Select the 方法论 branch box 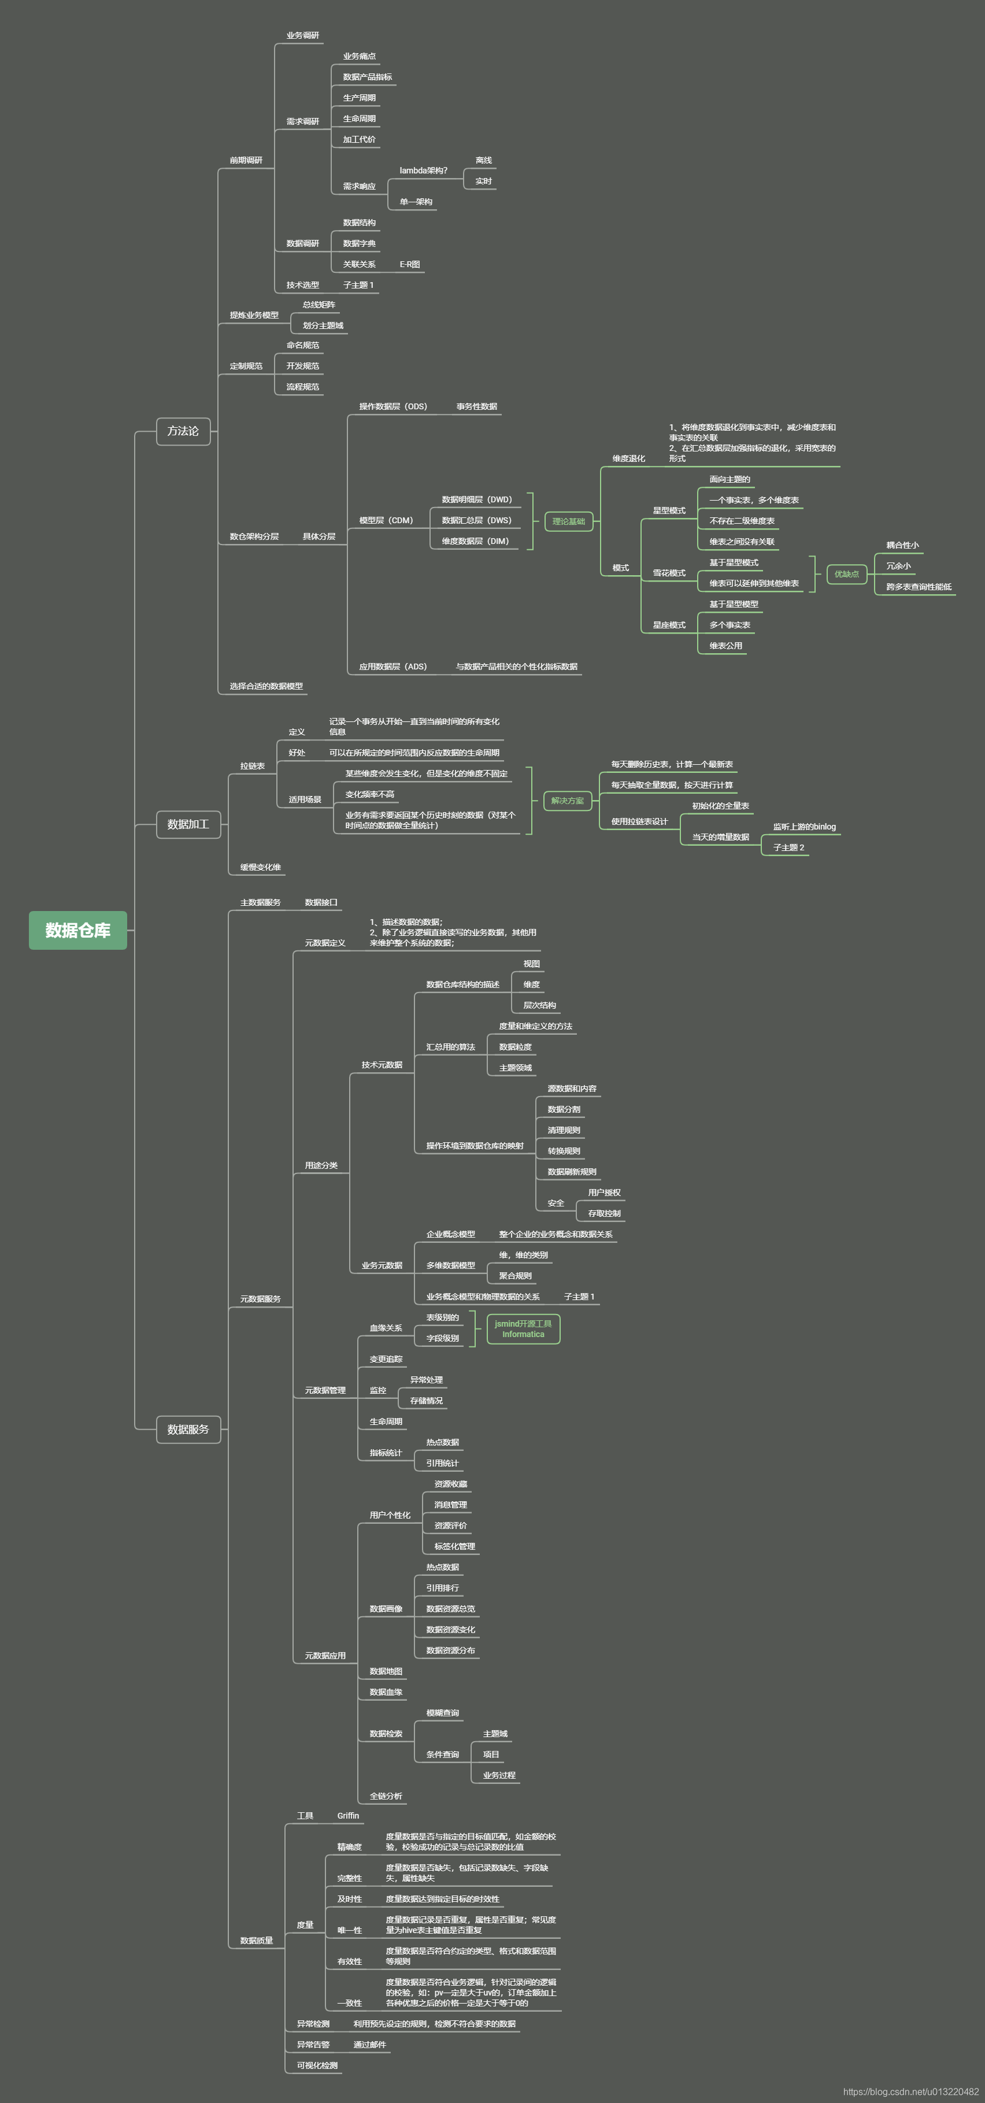(183, 431)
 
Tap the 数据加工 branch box (188, 824)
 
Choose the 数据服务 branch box (188, 1430)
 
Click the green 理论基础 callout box (568, 521)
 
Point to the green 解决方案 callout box (567, 801)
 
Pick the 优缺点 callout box (846, 574)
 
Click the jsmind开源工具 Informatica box (523, 1329)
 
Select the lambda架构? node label (423, 171)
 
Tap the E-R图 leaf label (410, 265)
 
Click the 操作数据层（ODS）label (392, 406)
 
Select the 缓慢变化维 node (260, 867)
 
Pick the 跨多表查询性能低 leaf (918, 586)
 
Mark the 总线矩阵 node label (319, 305)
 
